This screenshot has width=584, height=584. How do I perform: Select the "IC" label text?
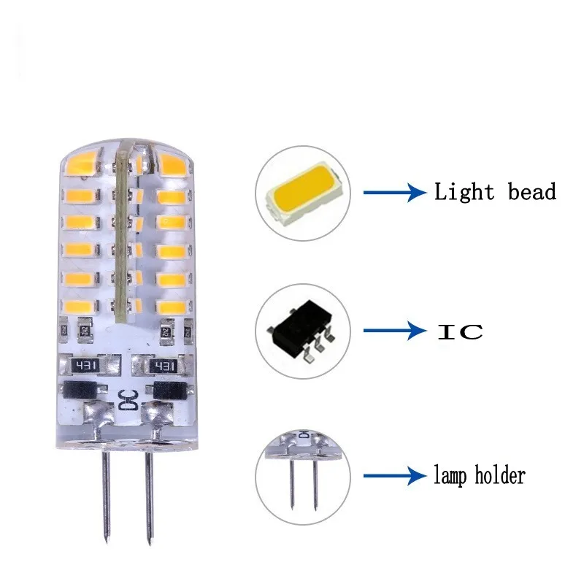(460, 331)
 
